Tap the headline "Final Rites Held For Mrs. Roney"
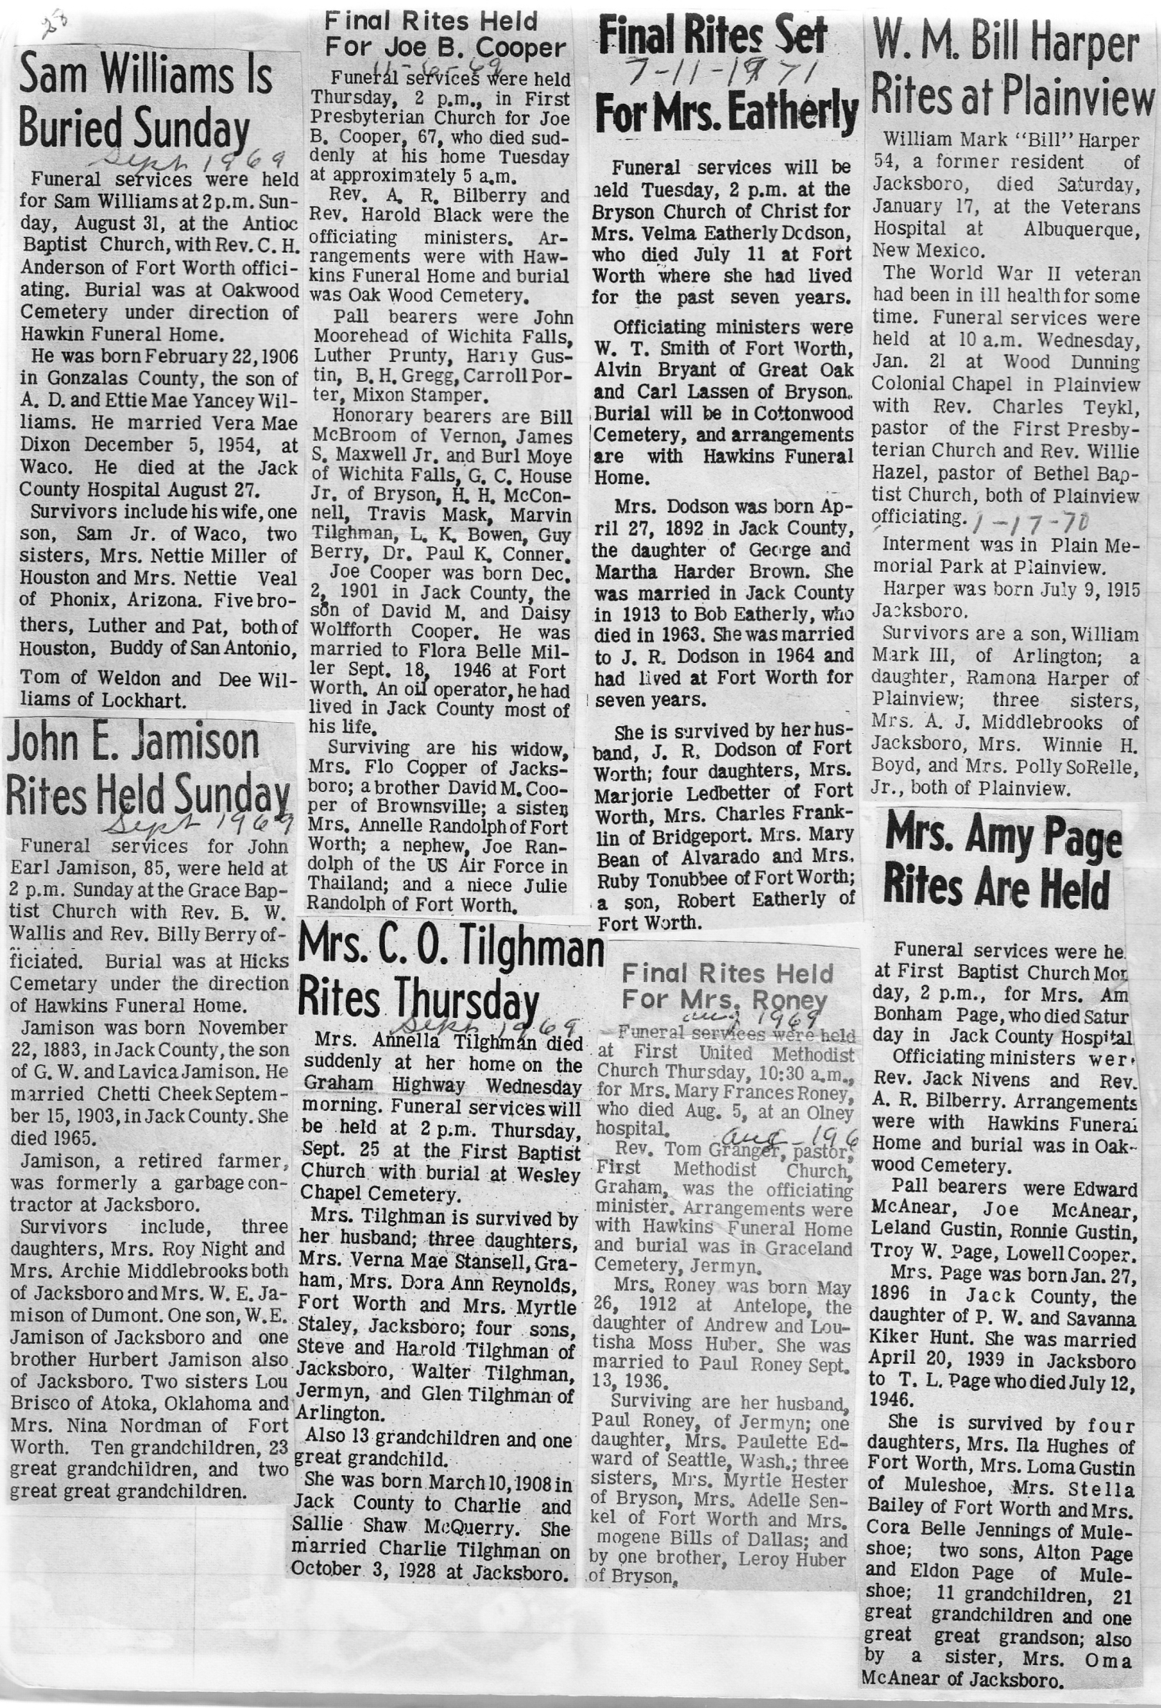726,987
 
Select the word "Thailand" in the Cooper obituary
351,884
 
